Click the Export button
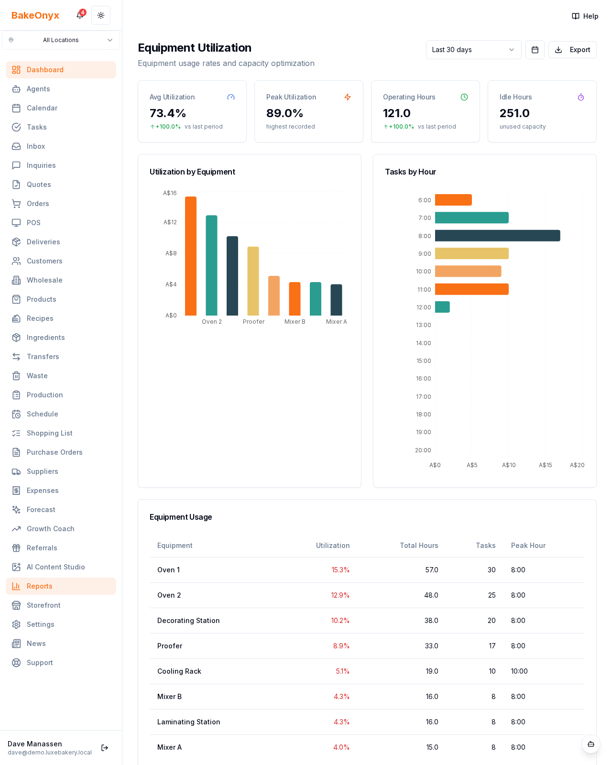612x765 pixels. tap(572, 50)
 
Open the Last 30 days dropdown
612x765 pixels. tap(473, 50)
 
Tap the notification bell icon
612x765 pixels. tap(80, 15)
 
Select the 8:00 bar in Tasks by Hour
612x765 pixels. tap(497, 236)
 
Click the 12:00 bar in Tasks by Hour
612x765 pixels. tap(442, 307)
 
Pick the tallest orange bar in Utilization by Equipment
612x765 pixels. tap(191, 256)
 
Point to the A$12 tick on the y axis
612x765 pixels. tap(170, 222)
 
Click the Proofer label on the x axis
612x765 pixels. tap(253, 322)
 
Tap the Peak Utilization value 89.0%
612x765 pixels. tap(284, 113)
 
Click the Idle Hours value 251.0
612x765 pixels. tap(514, 113)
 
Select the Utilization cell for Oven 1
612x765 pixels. tap(340, 570)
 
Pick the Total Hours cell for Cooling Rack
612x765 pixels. tap(432, 671)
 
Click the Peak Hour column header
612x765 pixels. tap(528, 546)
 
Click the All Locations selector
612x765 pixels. tap(61, 40)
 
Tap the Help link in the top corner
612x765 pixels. tap(585, 16)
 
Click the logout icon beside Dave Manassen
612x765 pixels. tap(105, 748)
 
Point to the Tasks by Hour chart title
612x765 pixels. tap(410, 172)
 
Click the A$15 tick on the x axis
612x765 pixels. tap(545, 465)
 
